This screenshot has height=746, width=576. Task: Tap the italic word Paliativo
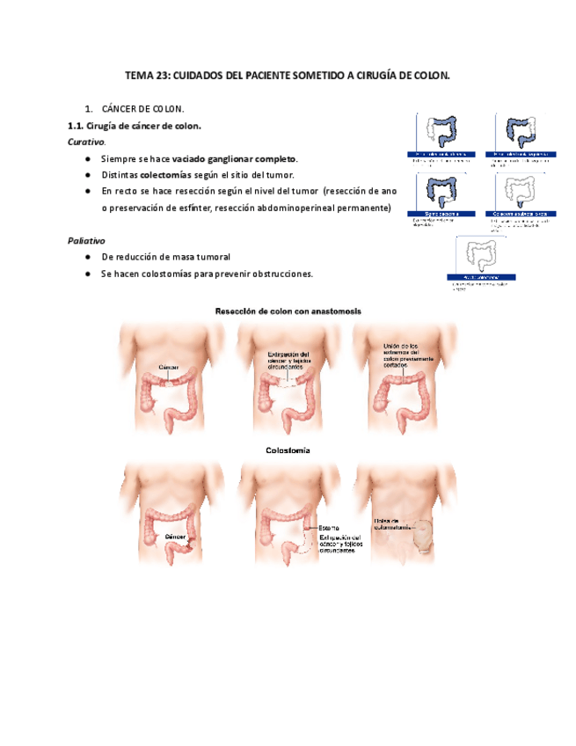[x=86, y=240]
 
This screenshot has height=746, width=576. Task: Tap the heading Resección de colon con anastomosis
[x=288, y=311]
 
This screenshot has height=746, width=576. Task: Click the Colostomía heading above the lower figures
[x=288, y=450]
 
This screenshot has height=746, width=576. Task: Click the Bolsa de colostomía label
[x=391, y=523]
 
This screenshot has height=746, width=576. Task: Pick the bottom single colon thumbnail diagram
[x=485, y=258]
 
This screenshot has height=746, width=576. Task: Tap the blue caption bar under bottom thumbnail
[x=485, y=278]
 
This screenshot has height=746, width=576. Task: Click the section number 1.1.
[x=75, y=126]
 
